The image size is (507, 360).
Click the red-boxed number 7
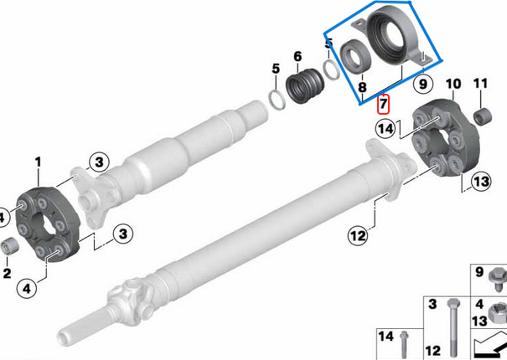pyautogui.click(x=383, y=105)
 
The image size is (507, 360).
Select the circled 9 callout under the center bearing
pyautogui.click(x=422, y=84)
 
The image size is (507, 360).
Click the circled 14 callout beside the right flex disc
pyautogui.click(x=385, y=129)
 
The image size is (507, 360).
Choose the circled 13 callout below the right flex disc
pyautogui.click(x=479, y=181)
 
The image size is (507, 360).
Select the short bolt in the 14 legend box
pyautogui.click(x=403, y=343)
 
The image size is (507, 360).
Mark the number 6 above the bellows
pyautogui.click(x=297, y=57)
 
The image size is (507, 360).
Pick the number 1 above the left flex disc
pyautogui.click(x=38, y=161)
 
